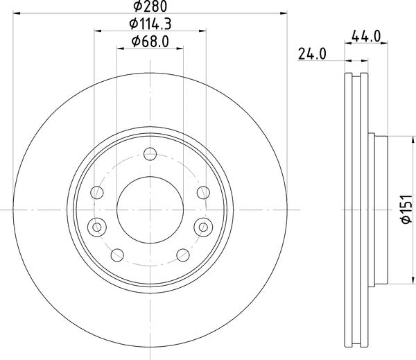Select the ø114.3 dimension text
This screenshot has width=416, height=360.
150,24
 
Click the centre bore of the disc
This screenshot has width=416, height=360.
150,208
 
